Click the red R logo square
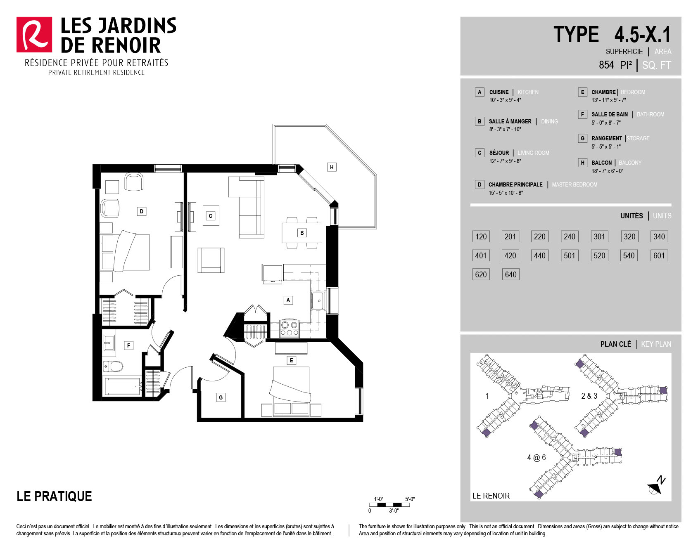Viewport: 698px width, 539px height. tap(34, 35)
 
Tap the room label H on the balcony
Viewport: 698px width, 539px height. tap(332, 167)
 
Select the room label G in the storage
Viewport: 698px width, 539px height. tap(221, 397)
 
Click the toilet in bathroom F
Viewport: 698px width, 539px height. tap(113, 366)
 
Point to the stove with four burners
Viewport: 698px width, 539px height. tap(289, 329)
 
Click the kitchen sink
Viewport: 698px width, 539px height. tap(318, 301)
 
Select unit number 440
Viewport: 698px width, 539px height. tap(540, 255)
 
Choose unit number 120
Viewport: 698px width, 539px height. tap(481, 236)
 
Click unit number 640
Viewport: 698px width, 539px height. tap(510, 274)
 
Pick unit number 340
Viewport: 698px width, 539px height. tap(659, 236)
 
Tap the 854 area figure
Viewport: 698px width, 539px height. tap(606, 65)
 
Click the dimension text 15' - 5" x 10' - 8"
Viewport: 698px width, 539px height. tap(506, 193)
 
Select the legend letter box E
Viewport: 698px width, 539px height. tap(582, 92)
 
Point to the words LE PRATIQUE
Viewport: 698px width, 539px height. tap(54, 496)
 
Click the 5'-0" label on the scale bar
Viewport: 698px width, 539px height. tap(410, 499)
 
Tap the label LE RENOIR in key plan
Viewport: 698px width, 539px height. tap(491, 496)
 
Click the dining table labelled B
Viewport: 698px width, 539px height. tap(302, 233)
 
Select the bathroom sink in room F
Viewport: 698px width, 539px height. tap(109, 343)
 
